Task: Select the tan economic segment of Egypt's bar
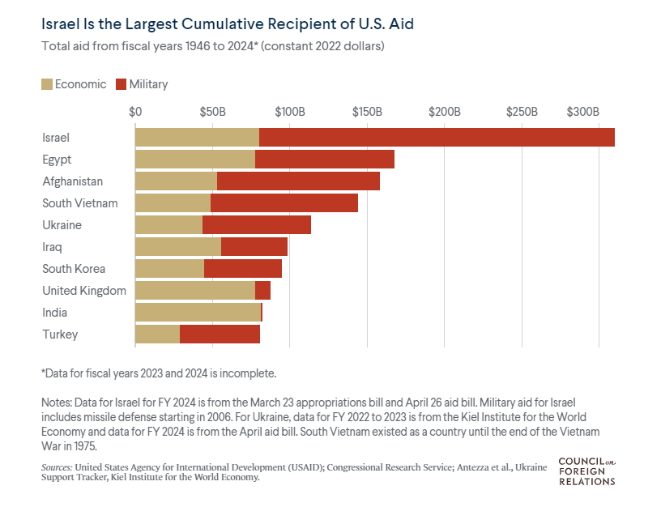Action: point(195,160)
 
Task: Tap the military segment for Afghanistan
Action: point(298,181)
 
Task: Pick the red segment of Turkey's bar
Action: point(220,334)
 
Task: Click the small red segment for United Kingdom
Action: point(262,291)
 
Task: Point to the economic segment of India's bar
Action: point(198,313)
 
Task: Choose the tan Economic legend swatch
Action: point(46,84)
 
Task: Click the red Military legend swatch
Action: point(122,84)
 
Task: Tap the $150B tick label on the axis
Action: point(367,111)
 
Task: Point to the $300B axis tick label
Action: point(582,111)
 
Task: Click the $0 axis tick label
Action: point(135,111)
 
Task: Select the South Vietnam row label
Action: point(80,203)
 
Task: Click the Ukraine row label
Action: point(62,225)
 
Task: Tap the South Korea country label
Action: point(74,269)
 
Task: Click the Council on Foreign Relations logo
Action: point(586,471)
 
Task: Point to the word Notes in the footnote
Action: point(56,403)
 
